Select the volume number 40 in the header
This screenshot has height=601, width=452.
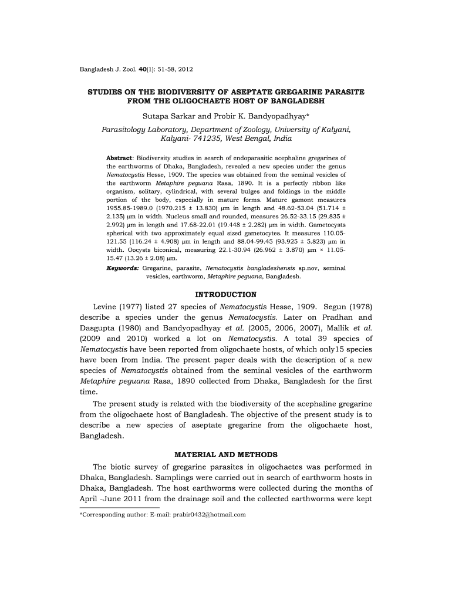[x=141, y=70]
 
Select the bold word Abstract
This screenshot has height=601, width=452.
[x=119, y=158]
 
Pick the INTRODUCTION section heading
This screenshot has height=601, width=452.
[x=225, y=294]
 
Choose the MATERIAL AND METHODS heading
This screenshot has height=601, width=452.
[x=225, y=454]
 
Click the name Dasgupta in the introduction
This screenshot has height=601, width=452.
[x=100, y=328]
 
